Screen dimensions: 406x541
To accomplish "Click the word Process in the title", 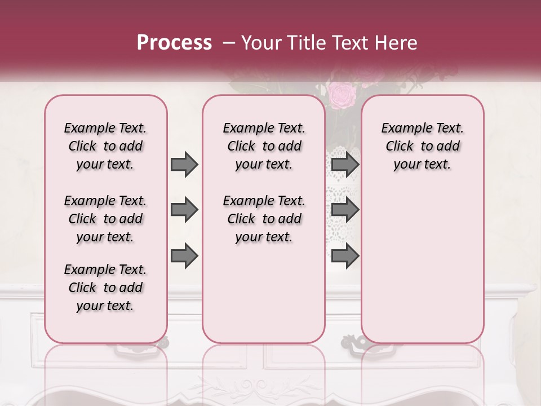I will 174,43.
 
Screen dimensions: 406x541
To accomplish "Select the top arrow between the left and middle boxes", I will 184,165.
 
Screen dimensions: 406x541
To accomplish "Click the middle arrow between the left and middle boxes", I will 184,210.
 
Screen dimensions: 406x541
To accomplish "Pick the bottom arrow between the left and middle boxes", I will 184,256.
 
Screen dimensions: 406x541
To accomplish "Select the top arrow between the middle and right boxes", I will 345,165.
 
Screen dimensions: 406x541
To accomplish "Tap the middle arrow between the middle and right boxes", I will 345,210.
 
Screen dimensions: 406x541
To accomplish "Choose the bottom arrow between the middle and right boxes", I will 345,256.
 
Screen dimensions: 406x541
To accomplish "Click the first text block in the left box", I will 105,146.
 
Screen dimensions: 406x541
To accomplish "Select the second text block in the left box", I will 105,219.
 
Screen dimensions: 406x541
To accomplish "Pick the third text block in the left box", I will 105,288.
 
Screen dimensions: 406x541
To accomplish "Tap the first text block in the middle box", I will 264,146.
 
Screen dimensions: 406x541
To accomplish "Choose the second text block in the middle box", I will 264,219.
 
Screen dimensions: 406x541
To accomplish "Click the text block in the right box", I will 422,146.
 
